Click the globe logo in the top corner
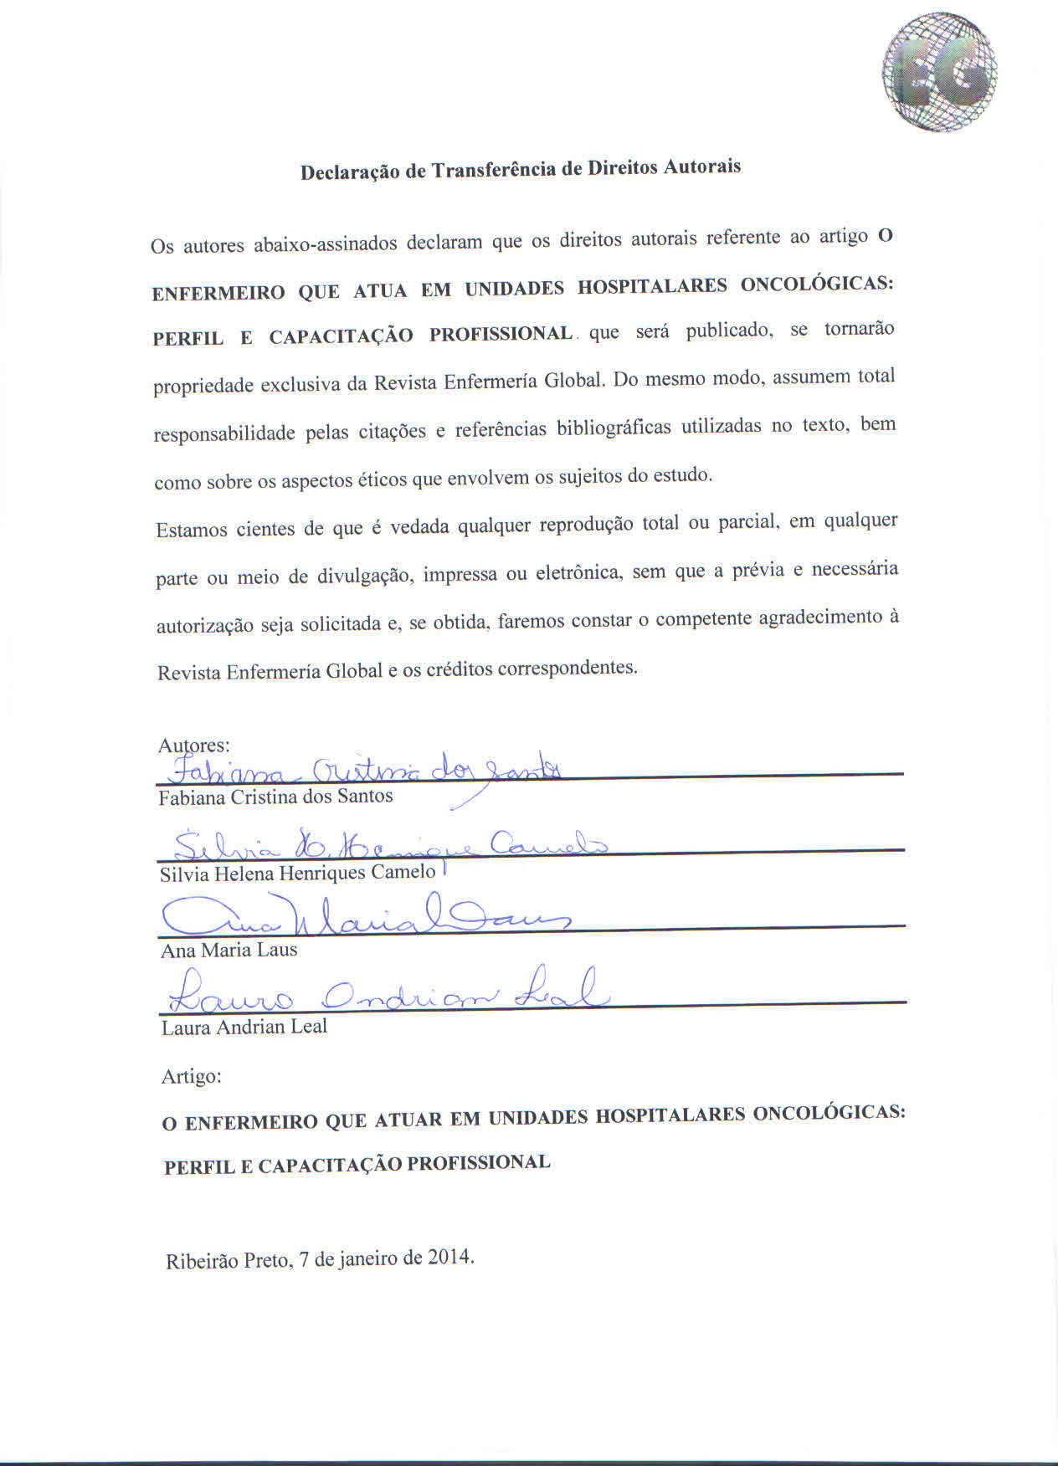tap(939, 74)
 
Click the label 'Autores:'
tap(194, 745)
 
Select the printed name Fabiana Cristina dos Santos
tap(275, 797)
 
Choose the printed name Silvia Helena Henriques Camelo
tap(297, 873)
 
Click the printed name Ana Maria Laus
tap(229, 950)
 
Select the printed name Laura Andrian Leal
tap(244, 1027)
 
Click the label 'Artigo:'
tap(191, 1076)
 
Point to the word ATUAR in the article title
tap(403, 1120)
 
